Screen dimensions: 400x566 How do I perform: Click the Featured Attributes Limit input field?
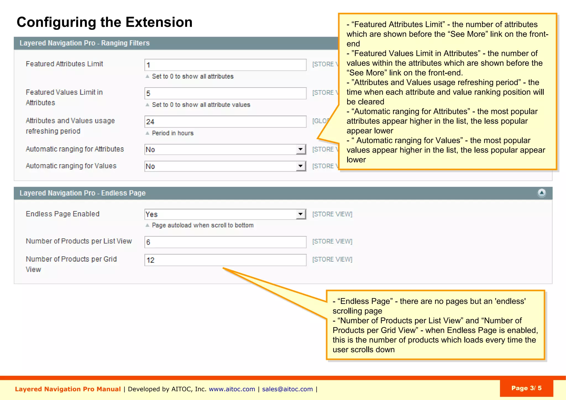coord(225,65)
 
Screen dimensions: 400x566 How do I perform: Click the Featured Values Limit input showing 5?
coord(225,93)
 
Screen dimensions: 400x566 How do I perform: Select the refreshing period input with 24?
coord(225,122)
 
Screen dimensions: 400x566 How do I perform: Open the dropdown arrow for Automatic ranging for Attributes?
coord(300,150)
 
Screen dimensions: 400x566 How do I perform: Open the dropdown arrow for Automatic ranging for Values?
coord(300,166)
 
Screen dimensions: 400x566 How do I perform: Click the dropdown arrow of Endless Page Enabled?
coord(300,214)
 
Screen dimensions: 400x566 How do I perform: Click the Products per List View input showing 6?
coord(225,242)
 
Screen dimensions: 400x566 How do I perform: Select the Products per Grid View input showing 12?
coord(225,260)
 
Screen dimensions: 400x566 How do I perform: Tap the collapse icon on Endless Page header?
coord(542,193)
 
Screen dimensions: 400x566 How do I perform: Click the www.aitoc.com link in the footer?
coord(232,389)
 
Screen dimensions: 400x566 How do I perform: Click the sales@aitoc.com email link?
coord(287,389)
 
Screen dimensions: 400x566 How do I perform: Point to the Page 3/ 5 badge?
coord(526,388)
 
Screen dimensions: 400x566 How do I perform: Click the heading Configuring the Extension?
coord(104,22)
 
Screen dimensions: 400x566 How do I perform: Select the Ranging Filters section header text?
coord(84,43)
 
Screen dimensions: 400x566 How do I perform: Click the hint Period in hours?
coord(172,133)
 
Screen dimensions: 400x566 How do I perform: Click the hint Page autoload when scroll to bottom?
coord(202,225)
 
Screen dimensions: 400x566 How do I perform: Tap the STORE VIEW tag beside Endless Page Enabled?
coord(332,214)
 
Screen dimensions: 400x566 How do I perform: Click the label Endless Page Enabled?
coord(62,214)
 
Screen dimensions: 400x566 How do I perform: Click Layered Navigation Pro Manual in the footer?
coord(68,389)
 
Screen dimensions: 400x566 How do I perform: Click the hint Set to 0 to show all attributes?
coord(192,77)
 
